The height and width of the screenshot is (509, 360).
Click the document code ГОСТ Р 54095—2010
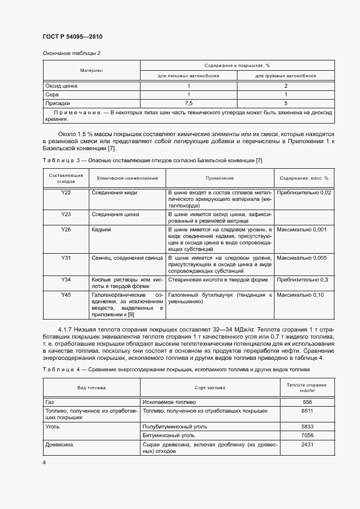click(72, 36)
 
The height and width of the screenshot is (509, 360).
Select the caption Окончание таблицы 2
click(71, 53)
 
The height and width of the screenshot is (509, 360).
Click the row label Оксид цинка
click(62, 86)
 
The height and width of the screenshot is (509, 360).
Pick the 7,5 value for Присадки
click(189, 102)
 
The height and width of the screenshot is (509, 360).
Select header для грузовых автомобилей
click(286, 76)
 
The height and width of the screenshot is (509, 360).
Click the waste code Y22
click(66, 193)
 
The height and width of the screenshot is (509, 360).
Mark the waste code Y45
click(66, 294)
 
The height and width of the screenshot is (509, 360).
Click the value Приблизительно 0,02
click(303, 193)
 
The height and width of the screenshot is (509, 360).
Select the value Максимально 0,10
click(300, 294)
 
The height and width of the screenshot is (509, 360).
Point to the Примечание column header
click(219, 178)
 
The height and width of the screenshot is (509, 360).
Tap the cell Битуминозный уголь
click(168, 436)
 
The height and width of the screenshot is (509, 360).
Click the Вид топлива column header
click(91, 387)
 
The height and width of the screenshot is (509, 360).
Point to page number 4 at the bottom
click(44, 462)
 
